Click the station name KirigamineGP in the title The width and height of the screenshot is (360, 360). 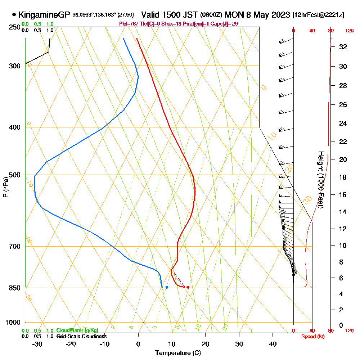(44, 15)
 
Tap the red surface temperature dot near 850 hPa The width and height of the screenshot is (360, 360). (188, 287)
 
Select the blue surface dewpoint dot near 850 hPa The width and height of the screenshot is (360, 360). (167, 287)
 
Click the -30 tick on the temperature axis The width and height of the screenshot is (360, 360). (37, 344)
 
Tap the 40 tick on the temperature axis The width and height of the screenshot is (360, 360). (273, 344)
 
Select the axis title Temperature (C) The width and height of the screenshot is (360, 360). (178, 353)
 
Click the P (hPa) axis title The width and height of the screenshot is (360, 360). (5, 187)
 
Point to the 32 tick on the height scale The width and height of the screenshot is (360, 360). (343, 47)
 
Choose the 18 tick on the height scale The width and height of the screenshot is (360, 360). (343, 177)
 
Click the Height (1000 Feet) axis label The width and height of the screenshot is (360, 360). (320, 180)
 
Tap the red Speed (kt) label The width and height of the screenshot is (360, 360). (312, 336)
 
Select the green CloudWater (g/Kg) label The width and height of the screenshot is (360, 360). (77, 330)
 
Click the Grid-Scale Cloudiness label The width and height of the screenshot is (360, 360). (81, 336)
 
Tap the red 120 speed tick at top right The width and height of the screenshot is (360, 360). (349, 31)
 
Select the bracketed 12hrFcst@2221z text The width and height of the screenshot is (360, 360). (318, 15)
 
